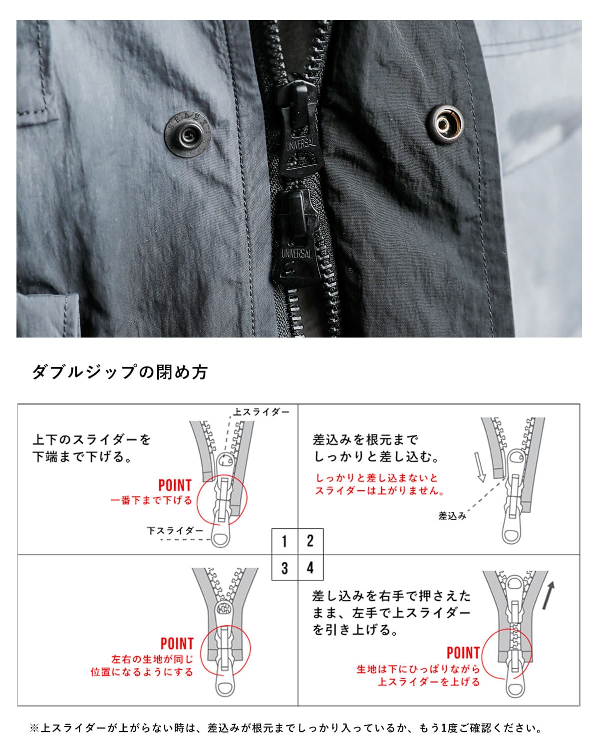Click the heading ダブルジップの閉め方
click(120, 372)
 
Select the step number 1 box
click(285, 541)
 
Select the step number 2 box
click(310, 541)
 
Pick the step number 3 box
click(285, 568)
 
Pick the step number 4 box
click(310, 568)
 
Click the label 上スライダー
click(261, 412)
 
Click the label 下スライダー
click(175, 531)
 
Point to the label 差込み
click(452, 516)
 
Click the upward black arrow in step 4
click(549, 595)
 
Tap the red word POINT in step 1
click(175, 485)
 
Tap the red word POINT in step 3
click(177, 644)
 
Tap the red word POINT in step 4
click(463, 653)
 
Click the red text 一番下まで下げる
click(151, 500)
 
